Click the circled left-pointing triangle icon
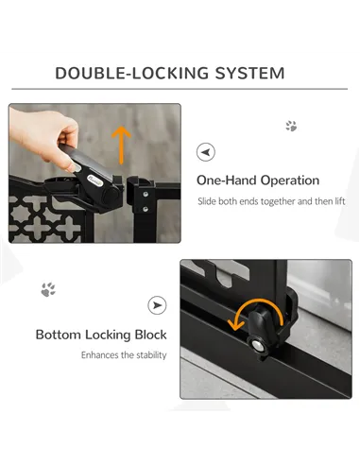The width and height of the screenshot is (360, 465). (x=205, y=151)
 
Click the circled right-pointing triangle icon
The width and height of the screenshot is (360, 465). (x=158, y=304)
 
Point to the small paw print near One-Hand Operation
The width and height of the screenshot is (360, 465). (x=291, y=126)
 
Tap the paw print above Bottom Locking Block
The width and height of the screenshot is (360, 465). (x=48, y=289)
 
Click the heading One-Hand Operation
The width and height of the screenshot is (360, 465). (x=257, y=180)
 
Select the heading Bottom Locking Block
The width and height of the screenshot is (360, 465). (x=101, y=335)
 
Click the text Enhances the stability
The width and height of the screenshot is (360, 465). (x=124, y=355)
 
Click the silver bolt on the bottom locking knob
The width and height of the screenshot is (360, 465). (x=257, y=346)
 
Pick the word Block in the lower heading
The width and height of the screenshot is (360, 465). (x=149, y=335)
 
